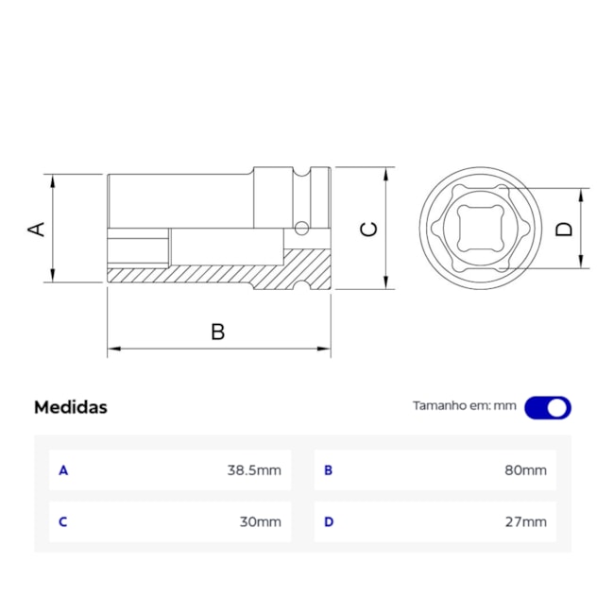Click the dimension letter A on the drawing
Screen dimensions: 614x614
click(x=36, y=229)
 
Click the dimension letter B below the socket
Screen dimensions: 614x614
click(x=217, y=332)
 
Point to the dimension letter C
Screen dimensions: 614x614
click(x=369, y=229)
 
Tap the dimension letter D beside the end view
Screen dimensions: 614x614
click(x=564, y=229)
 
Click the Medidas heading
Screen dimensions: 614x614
click(x=71, y=407)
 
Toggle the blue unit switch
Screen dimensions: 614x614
click(x=548, y=407)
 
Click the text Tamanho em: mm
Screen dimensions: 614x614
click(x=465, y=406)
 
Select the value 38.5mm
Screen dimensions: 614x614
click(x=254, y=469)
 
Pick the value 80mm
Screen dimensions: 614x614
click(x=525, y=469)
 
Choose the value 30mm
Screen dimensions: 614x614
click(x=261, y=521)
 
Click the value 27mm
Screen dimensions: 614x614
click(x=525, y=521)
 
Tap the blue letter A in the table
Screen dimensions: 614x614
click(x=63, y=469)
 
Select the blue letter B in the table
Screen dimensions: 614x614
click(x=329, y=469)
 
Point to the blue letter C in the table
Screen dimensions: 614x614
click(x=63, y=521)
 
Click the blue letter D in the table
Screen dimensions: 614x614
click(x=329, y=521)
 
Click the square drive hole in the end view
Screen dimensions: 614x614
click(x=477, y=229)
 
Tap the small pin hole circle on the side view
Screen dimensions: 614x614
click(x=301, y=228)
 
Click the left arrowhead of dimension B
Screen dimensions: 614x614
click(x=111, y=350)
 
